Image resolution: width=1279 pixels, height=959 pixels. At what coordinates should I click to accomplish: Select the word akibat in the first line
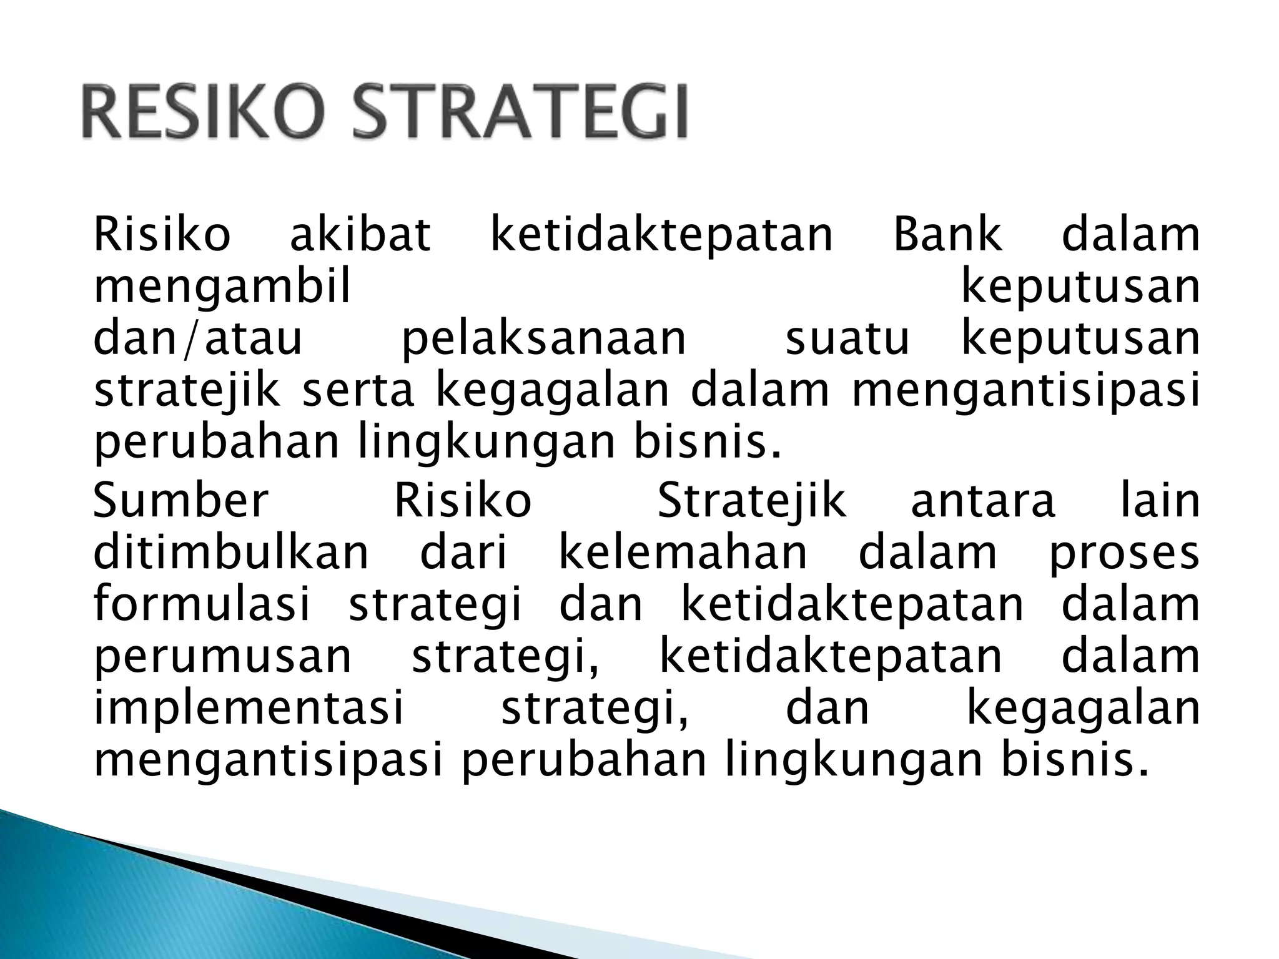(360, 235)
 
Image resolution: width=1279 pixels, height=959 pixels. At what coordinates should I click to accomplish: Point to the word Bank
(947, 235)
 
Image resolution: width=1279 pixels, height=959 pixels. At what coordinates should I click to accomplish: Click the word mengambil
(222, 288)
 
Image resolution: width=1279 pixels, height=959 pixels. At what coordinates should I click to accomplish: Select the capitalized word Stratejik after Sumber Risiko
(752, 503)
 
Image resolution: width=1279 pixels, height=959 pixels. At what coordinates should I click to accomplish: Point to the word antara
(983, 502)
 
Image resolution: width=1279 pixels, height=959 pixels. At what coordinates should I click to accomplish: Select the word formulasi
(202, 604)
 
